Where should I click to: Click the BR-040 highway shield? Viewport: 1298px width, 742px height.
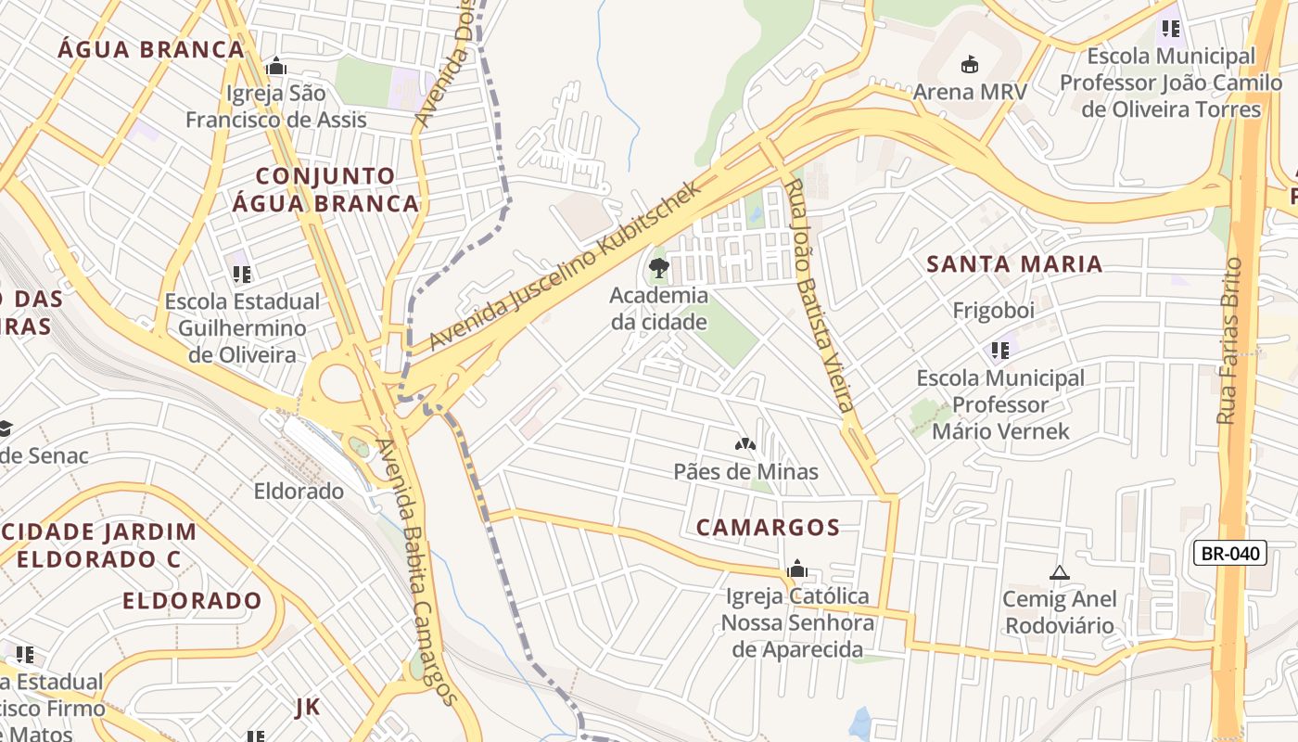click(1229, 554)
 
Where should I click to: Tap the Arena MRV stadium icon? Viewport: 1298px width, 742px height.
click(970, 64)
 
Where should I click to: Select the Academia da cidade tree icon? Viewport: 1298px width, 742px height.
click(658, 269)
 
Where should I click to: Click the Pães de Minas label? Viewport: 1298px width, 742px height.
click(745, 471)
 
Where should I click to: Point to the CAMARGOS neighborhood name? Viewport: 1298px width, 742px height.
click(768, 527)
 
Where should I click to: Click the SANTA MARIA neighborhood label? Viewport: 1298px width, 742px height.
click(1014, 264)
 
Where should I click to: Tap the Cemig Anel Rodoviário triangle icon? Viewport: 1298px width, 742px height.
click(1060, 572)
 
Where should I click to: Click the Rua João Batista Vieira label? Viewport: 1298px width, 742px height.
click(818, 295)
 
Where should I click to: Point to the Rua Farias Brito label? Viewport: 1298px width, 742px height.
click(1229, 340)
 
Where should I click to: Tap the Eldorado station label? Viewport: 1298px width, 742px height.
click(299, 491)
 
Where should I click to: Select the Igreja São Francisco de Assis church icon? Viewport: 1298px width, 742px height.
click(275, 66)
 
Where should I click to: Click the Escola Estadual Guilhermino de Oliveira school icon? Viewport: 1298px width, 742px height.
click(242, 274)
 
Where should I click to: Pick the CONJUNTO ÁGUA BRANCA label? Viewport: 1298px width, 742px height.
click(324, 189)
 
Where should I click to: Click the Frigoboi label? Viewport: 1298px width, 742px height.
click(993, 311)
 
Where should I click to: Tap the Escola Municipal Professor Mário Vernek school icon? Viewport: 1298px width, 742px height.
click(999, 351)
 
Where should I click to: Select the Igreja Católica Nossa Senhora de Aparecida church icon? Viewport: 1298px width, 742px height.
click(796, 569)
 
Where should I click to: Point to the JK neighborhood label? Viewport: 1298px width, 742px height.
click(307, 708)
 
